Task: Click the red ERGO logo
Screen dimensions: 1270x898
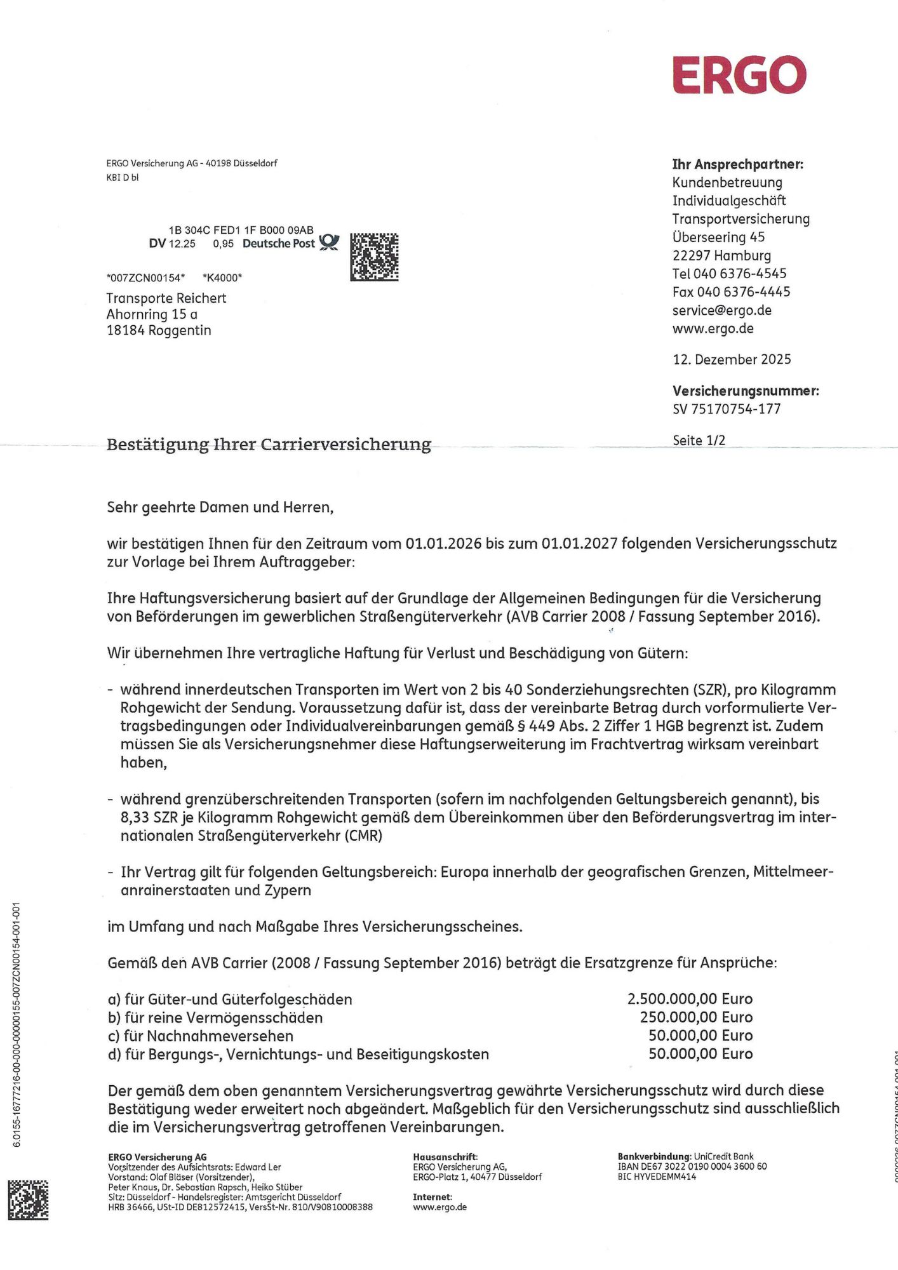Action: coord(739,75)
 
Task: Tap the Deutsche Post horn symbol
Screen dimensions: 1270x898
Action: coord(329,242)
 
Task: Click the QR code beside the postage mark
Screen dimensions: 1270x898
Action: coord(374,257)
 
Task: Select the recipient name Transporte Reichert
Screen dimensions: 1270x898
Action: coord(166,298)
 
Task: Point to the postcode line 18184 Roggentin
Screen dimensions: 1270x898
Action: coord(159,330)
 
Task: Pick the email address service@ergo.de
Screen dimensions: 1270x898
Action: coord(722,311)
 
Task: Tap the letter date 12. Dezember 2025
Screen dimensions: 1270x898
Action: coord(732,359)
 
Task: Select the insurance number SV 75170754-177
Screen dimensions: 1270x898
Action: coord(727,409)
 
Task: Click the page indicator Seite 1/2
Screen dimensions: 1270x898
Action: coord(699,440)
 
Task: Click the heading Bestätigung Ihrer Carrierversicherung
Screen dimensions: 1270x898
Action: coord(269,444)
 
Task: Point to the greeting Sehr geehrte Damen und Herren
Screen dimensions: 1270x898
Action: coord(220,507)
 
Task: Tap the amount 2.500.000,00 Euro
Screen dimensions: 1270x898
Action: coord(690,999)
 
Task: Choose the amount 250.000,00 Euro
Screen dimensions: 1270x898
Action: coord(696,1017)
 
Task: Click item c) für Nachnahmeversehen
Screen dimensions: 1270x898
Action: coord(201,1036)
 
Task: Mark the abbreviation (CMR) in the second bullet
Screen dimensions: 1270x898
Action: coord(364,836)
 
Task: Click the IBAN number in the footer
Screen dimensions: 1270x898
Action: coord(692,1166)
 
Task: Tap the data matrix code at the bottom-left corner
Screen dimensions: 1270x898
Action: coord(28,1200)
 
